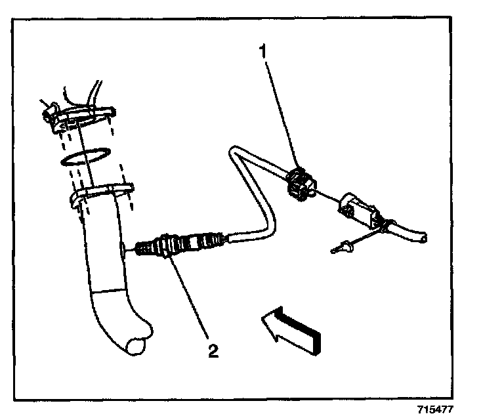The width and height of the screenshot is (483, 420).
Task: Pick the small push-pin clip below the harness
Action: (342, 248)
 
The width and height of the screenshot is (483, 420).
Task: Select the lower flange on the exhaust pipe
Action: (102, 195)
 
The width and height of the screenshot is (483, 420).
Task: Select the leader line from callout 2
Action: (190, 302)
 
